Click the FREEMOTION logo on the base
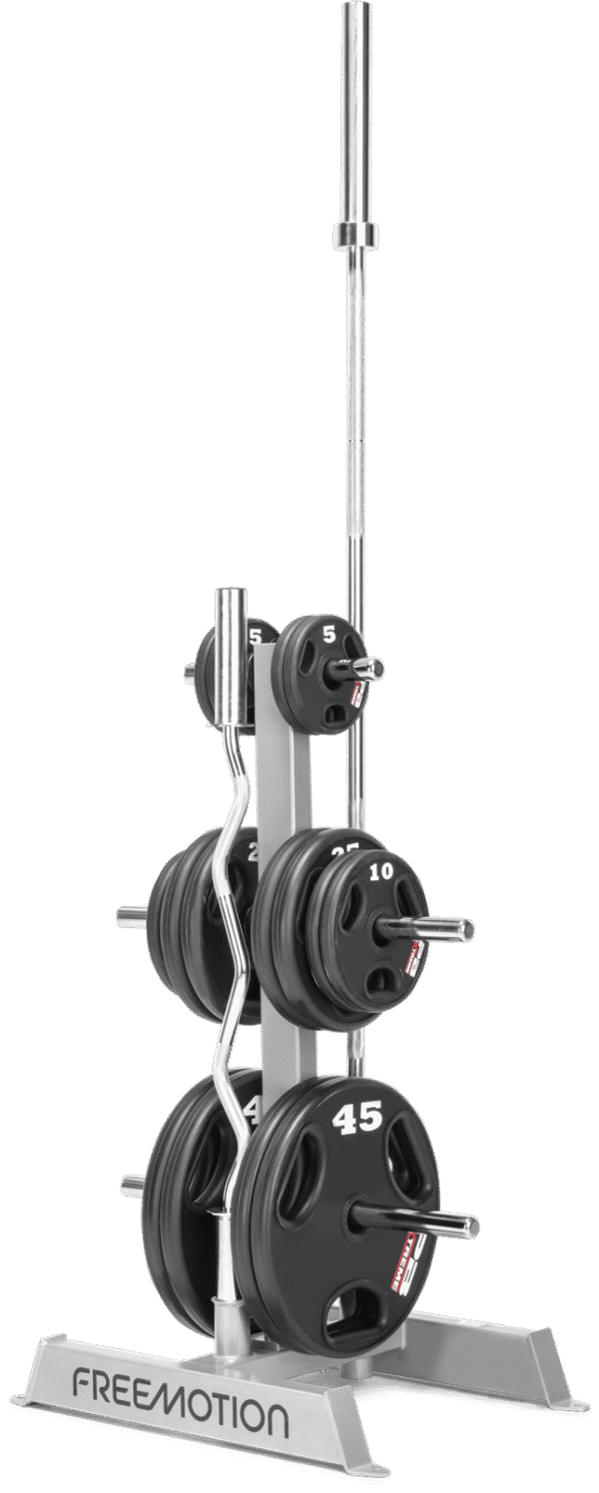[179, 1416]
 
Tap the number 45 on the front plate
[359, 1119]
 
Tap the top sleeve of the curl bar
[230, 619]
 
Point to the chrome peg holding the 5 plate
[361, 668]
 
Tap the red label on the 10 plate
[412, 958]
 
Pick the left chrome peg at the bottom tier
[132, 1186]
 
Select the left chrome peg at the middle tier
[131, 914]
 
